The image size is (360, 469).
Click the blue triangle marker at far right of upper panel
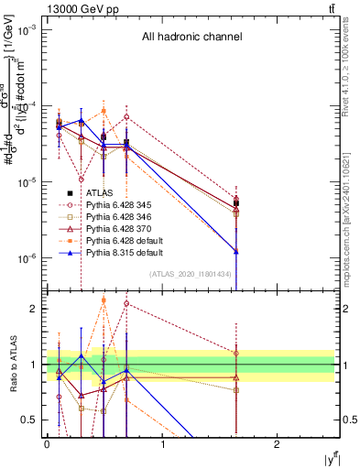click(x=236, y=251)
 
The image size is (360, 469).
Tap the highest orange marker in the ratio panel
click(x=104, y=300)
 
